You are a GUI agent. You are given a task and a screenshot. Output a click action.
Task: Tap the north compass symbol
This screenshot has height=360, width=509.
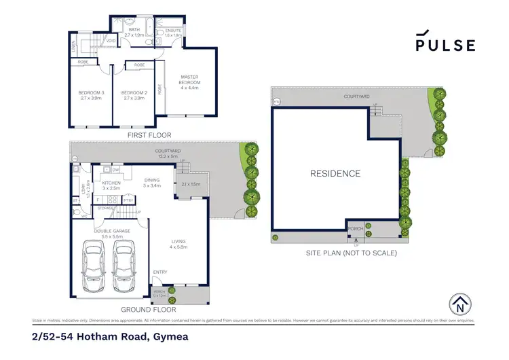click(x=461, y=303)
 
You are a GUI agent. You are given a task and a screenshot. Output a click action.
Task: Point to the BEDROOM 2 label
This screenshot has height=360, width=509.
click(x=134, y=95)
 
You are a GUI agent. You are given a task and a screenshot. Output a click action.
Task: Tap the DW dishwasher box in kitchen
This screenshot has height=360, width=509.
click(x=116, y=170)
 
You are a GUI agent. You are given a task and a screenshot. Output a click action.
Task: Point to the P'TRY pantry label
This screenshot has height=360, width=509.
click(x=128, y=200)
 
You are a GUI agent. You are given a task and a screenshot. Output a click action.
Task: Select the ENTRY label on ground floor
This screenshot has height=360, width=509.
click(x=159, y=272)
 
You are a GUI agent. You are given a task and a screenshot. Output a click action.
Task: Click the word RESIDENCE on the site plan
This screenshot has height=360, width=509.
click(x=335, y=173)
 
